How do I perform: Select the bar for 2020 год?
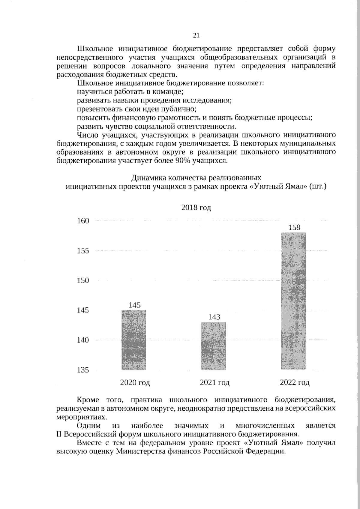(134, 340)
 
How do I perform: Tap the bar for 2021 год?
(214, 346)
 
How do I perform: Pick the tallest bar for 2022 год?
(293, 301)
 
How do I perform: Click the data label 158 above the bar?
(294, 227)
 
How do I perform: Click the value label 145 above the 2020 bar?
(135, 305)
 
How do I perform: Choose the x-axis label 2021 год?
(215, 382)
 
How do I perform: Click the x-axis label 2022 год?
(295, 382)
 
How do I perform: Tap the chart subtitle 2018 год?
(196, 208)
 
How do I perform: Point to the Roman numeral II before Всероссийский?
(59, 434)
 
